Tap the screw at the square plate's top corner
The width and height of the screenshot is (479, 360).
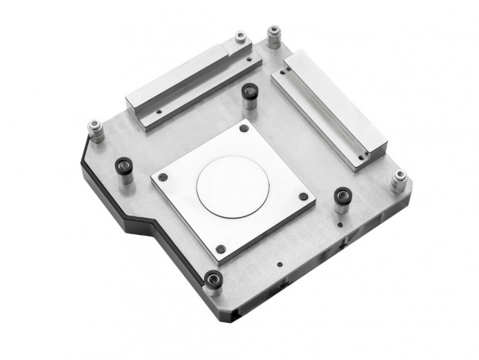coord(244,130)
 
